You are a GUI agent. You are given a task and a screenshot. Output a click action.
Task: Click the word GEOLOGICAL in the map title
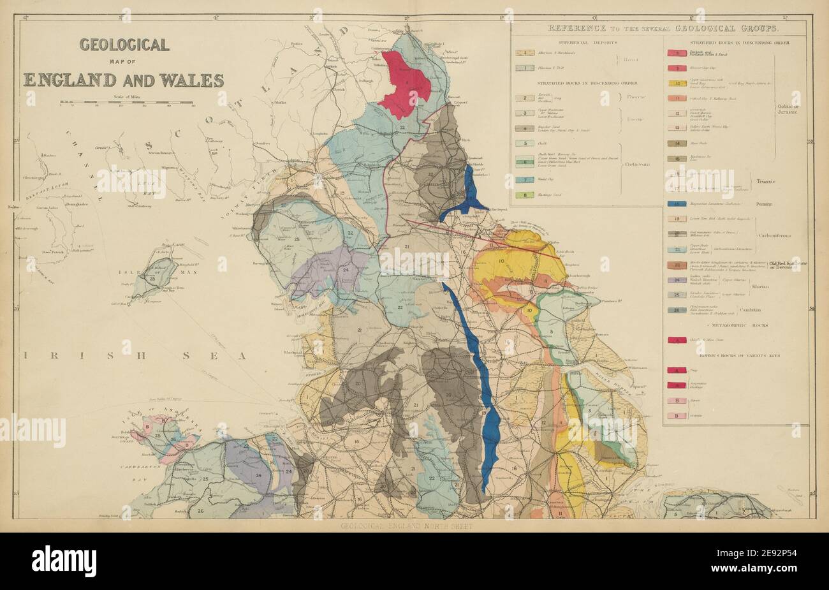pos(124,45)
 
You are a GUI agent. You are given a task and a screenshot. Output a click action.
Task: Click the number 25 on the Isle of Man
pos(152,279)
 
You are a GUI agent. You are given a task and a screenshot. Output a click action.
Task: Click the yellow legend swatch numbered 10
pos(676,83)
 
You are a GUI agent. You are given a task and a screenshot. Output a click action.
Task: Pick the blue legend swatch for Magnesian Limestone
pos(676,203)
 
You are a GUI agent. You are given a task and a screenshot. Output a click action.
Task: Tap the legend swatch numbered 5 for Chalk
pos(524,144)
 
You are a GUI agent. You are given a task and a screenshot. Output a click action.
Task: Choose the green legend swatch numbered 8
pos(524,195)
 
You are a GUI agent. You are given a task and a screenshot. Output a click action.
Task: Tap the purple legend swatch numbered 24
pos(676,280)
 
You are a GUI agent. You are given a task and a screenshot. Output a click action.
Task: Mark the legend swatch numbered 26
pos(676,310)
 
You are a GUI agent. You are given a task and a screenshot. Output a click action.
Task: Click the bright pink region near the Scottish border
pos(404,85)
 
